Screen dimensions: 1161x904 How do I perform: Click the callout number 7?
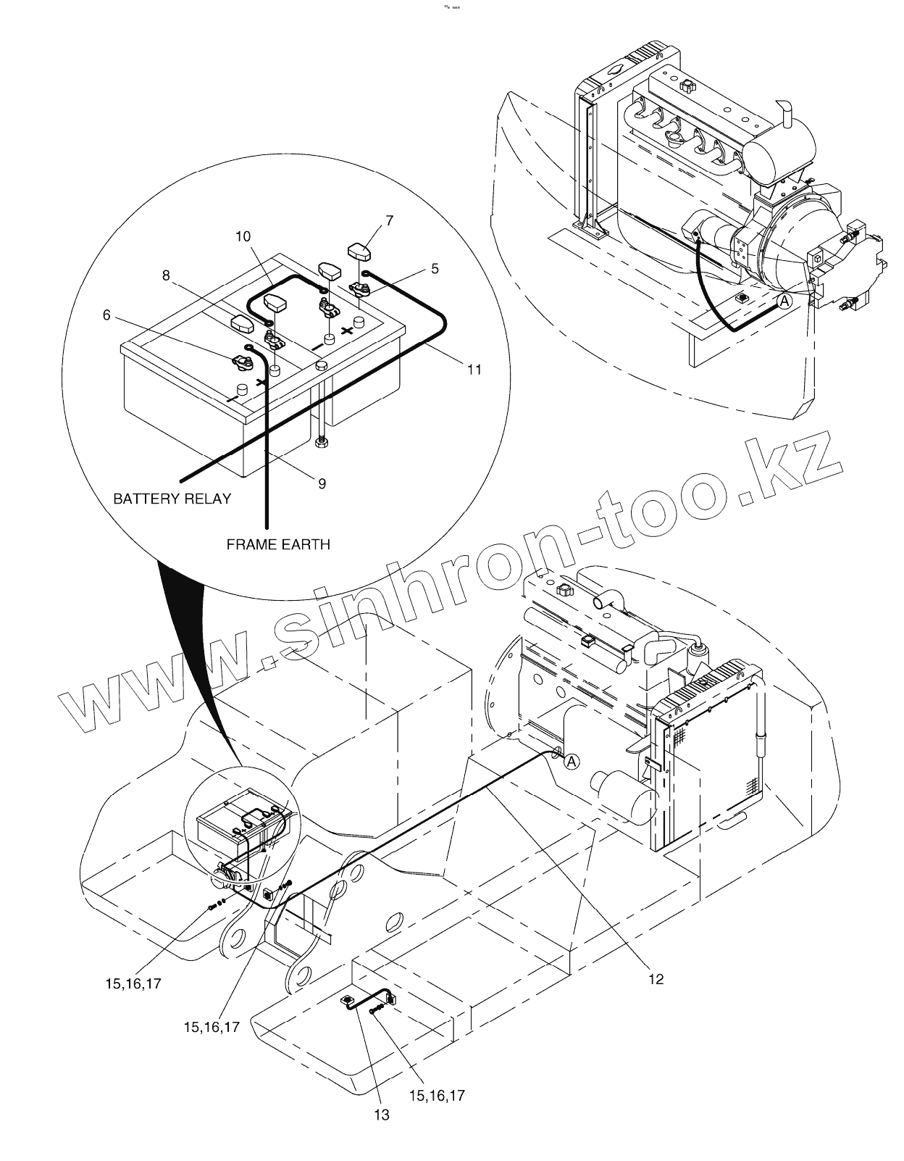390,220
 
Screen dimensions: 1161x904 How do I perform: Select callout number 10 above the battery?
243,236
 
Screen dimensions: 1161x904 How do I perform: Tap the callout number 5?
435,268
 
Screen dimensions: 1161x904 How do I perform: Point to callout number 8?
166,275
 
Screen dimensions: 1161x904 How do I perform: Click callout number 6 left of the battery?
106,315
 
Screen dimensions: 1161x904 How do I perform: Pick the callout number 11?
474,370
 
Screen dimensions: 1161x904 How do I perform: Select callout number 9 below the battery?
322,483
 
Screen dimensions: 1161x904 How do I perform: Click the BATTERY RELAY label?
172,499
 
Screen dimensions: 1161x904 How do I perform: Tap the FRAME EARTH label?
278,544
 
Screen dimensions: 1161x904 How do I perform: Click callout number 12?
656,979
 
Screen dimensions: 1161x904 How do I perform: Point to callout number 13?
381,1115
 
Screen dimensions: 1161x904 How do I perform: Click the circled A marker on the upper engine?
784,301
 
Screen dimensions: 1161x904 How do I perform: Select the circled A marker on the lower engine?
572,762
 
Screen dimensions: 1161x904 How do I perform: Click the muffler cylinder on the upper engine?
772,152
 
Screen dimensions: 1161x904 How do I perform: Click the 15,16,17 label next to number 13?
437,1095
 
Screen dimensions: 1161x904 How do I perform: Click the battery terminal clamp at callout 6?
240,360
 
